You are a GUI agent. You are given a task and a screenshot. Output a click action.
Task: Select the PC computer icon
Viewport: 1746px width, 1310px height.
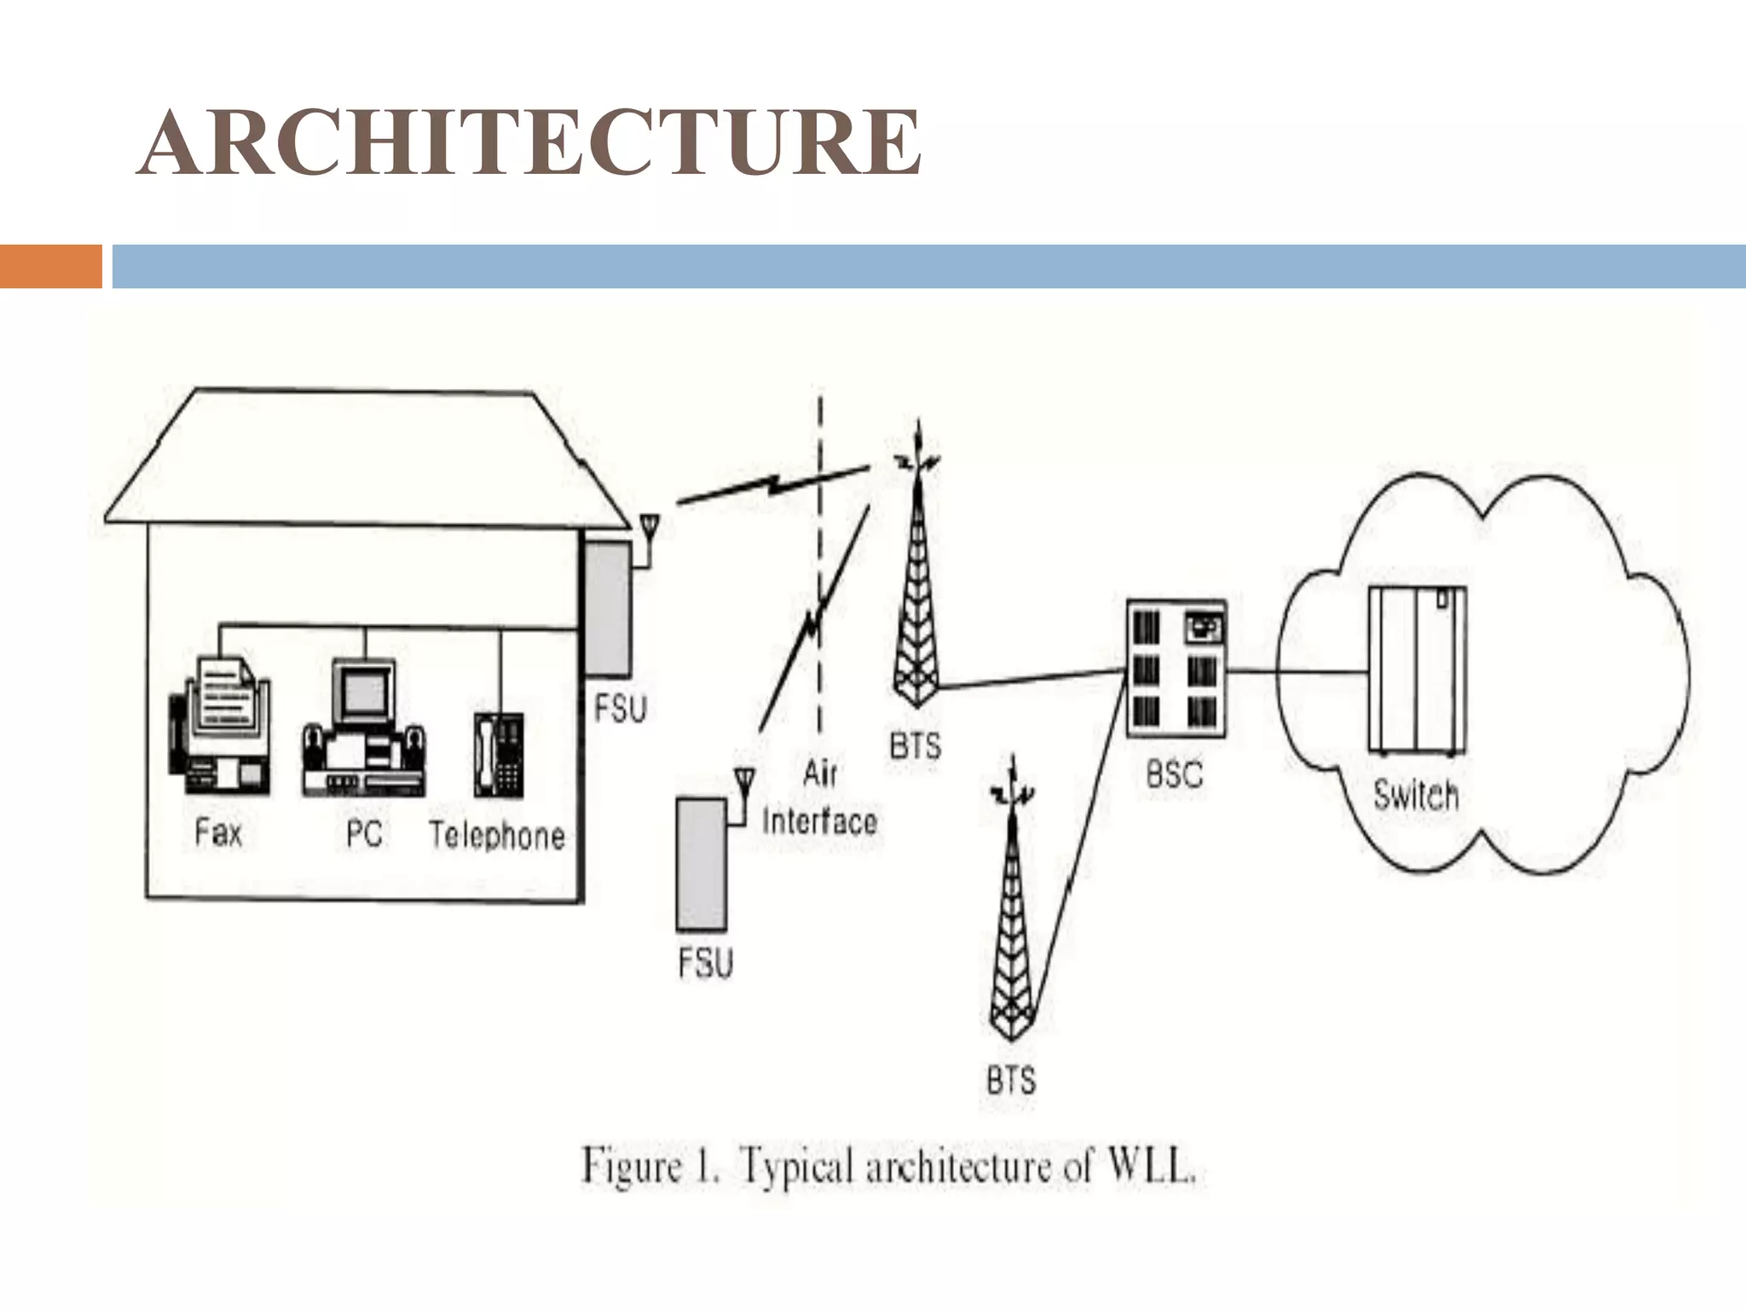pos(363,729)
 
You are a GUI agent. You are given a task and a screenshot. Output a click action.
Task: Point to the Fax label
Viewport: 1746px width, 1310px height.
pos(218,832)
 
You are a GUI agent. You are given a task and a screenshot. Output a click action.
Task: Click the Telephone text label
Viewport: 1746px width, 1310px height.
pos(497,835)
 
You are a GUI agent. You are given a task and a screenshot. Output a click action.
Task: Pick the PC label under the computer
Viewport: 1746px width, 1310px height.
pos(364,833)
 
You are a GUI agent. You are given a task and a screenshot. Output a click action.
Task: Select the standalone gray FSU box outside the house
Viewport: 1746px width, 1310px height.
pos(701,863)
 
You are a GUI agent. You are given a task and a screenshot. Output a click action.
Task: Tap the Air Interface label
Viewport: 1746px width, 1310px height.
pos(818,798)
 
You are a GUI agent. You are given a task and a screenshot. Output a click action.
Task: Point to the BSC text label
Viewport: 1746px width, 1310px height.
pos(1174,774)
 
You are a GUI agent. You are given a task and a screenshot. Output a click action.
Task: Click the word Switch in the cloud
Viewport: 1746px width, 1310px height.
pos(1415,796)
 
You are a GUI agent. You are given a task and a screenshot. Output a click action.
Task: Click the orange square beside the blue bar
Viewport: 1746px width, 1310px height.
pos(50,266)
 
